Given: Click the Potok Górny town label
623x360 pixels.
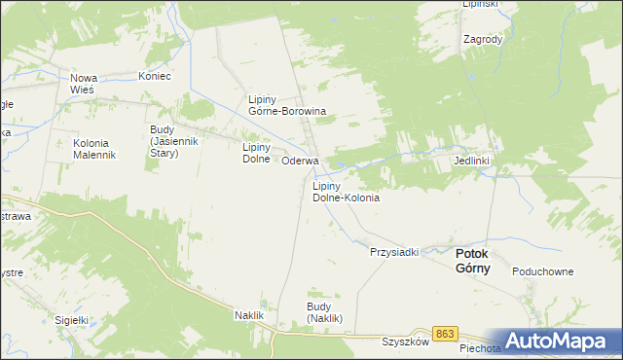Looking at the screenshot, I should (473, 261).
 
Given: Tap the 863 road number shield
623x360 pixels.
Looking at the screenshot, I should (445, 334).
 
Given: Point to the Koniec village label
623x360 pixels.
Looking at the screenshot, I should (154, 76).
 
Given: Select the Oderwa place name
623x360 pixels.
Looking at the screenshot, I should (300, 161).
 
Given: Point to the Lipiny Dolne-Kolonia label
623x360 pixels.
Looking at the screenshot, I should (345, 191).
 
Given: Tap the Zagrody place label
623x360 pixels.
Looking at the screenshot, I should (483, 40).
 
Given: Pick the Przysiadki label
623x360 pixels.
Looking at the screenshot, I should (393, 252).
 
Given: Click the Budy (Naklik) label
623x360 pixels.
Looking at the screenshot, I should (325, 312).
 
